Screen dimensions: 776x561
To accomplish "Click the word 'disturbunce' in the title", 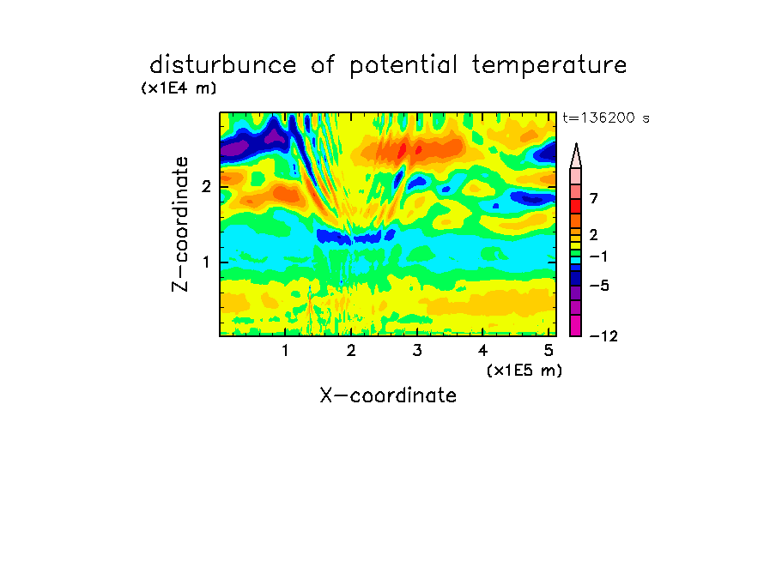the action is pyautogui.click(x=223, y=65).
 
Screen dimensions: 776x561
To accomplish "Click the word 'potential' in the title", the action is pyautogui.click(x=403, y=66).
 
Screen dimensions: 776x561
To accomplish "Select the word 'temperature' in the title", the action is pyautogui.click(x=549, y=66).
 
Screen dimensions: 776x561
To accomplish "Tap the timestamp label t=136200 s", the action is pyautogui.click(x=606, y=118).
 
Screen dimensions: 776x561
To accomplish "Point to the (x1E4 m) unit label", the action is pyautogui.click(x=179, y=88).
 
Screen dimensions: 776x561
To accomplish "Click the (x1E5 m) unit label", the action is pyautogui.click(x=524, y=370).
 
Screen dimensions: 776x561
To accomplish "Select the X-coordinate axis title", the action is pyautogui.click(x=388, y=395).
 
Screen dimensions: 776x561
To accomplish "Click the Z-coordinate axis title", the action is pyautogui.click(x=180, y=224).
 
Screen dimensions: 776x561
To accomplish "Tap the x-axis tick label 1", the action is pyautogui.click(x=286, y=351).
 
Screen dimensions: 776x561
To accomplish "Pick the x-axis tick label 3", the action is pyautogui.click(x=417, y=351).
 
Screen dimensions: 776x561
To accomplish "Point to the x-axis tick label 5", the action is pyautogui.click(x=549, y=351).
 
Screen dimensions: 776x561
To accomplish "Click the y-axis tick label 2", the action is pyautogui.click(x=206, y=187).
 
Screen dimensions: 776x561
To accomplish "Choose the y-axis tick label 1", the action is pyautogui.click(x=206, y=262).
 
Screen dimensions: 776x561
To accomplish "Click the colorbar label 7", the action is pyautogui.click(x=594, y=199).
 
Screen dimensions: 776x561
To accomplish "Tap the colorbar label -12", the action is pyautogui.click(x=603, y=336).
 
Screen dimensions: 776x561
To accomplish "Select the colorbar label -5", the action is pyautogui.click(x=599, y=286).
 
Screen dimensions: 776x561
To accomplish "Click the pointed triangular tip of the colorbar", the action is pyautogui.click(x=576, y=144).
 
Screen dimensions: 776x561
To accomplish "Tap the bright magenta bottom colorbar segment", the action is pyautogui.click(x=576, y=325).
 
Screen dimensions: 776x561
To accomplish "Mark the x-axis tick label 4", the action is pyautogui.click(x=483, y=351).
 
